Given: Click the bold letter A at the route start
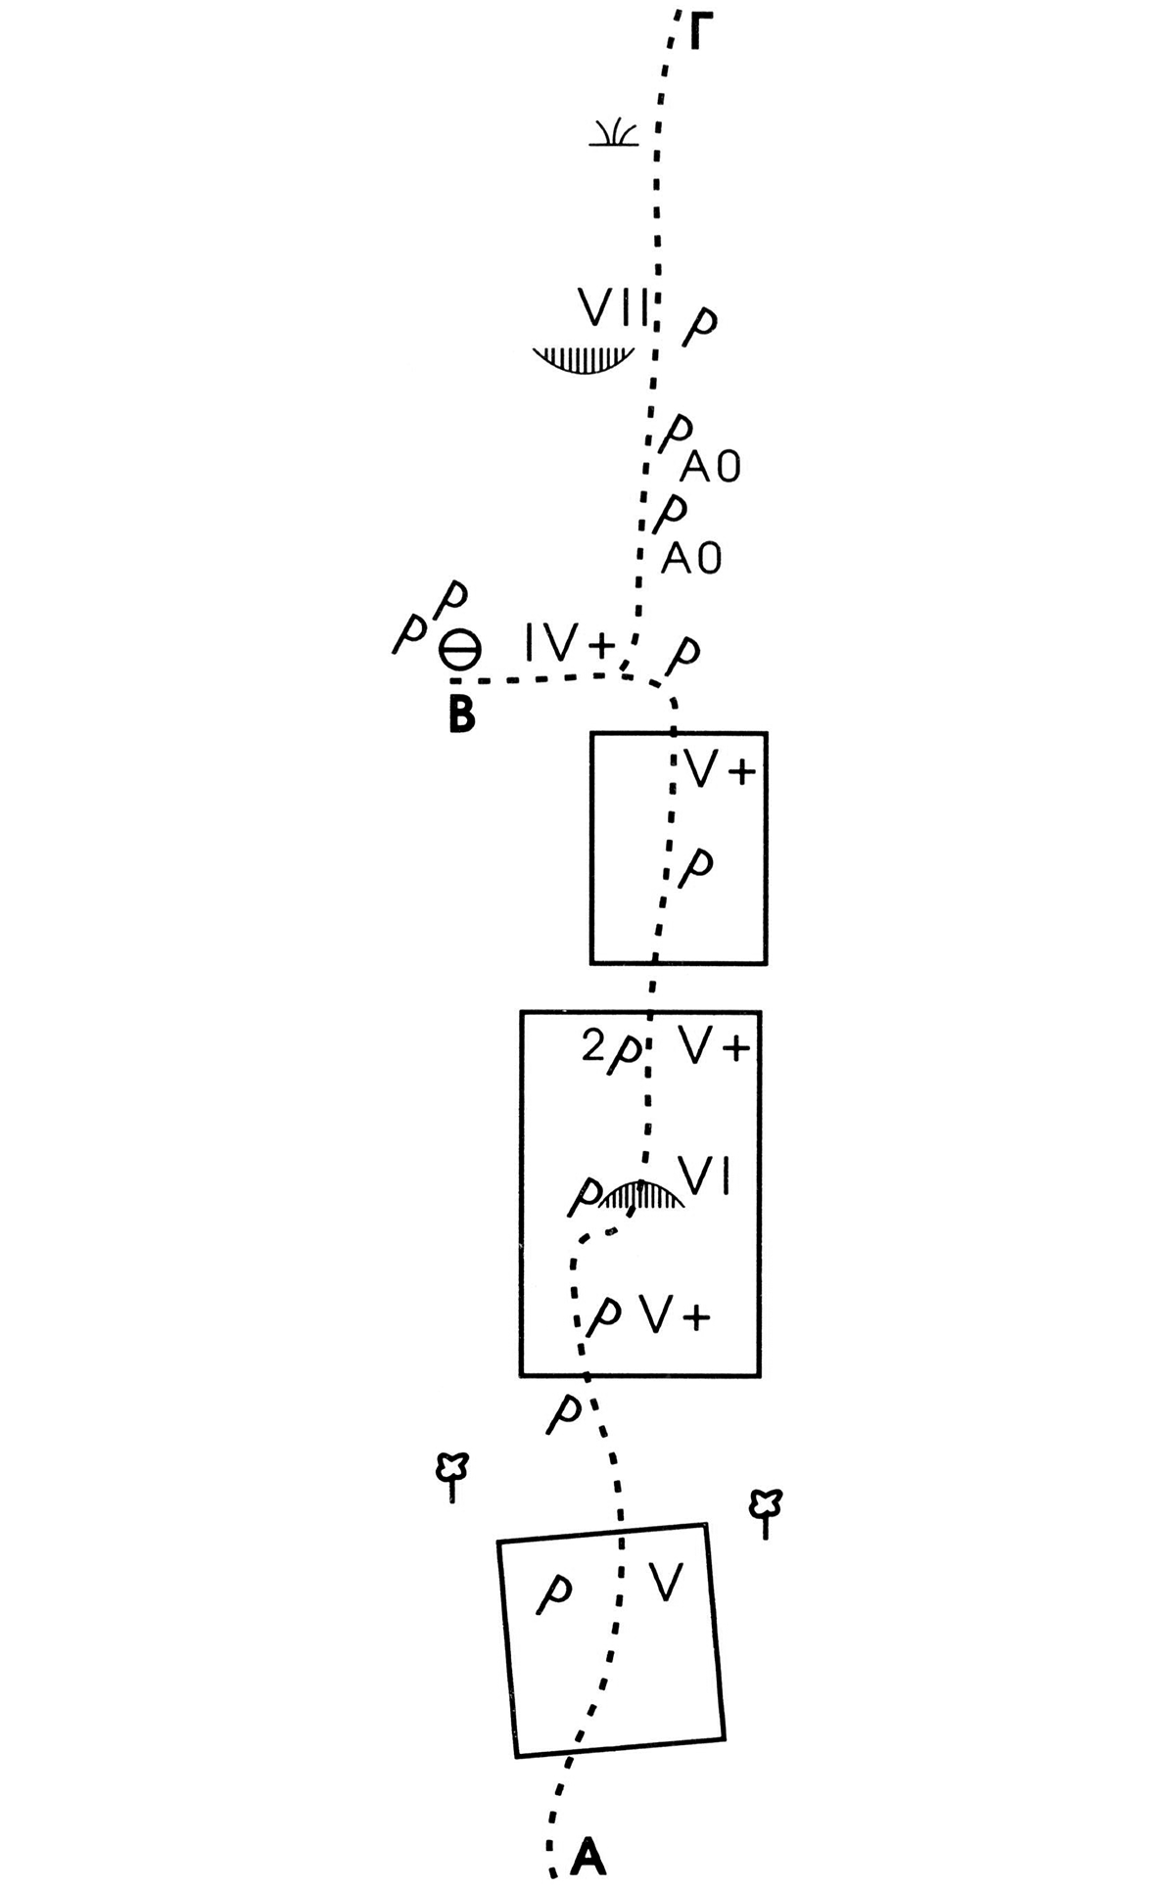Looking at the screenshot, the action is pos(588,1857).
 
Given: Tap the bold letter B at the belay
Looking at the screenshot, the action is pos(461,714).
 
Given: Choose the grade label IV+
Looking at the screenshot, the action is pos(568,646).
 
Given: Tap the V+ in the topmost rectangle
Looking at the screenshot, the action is pos(721,771).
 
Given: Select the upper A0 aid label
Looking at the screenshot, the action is pos(711,469).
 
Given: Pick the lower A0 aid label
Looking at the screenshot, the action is pos(692,559).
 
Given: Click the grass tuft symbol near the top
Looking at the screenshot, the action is pos(614,134).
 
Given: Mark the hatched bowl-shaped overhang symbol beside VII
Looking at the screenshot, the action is pos(585,358).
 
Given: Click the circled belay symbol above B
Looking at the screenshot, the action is pos(458,649).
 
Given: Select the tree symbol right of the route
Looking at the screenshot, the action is pos(765,1514).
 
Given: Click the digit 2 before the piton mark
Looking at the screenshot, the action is pos(593,1048).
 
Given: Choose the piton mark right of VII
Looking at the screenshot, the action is pos(699,327).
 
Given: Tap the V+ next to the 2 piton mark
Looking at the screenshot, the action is pos(715,1048).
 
